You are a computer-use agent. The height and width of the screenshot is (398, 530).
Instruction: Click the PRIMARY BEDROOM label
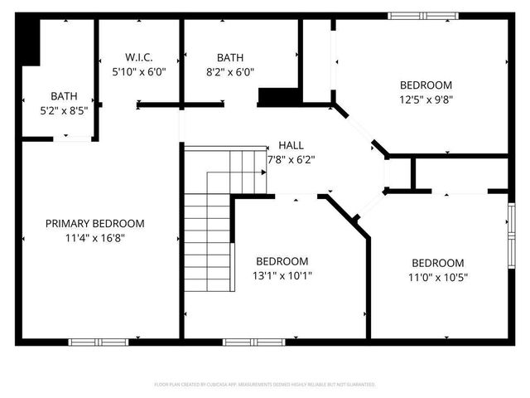[x=94, y=223]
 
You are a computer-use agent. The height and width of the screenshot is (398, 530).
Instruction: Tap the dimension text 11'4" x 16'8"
[x=94, y=237]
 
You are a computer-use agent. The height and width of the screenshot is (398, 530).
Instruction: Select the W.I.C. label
[x=139, y=57]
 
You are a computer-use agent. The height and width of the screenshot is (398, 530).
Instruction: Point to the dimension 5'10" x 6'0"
[x=139, y=71]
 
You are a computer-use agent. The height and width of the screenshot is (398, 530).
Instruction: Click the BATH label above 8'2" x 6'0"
[x=230, y=57]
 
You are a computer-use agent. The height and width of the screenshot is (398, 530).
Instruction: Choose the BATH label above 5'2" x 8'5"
[x=64, y=96]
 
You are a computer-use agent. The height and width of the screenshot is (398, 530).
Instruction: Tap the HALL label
[x=291, y=144]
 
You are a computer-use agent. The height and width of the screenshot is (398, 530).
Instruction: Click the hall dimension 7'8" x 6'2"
[x=291, y=158]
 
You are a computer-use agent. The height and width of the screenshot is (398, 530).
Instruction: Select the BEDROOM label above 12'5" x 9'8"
[x=426, y=85]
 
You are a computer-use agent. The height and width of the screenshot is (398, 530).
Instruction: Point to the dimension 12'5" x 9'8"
[x=426, y=99]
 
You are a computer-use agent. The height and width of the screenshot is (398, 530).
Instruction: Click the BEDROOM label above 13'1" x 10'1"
[x=282, y=260]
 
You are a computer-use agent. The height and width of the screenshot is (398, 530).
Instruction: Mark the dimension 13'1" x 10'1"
[x=282, y=275]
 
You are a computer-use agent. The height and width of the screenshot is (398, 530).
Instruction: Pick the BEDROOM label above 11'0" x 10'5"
[x=437, y=263]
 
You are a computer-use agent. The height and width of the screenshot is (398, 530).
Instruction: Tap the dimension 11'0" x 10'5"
[x=437, y=278]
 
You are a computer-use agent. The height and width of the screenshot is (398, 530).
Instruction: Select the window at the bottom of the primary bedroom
[x=98, y=342]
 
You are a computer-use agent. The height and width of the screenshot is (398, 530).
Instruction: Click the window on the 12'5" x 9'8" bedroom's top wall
[x=421, y=14]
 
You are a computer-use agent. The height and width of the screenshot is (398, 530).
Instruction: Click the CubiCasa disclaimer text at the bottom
[x=265, y=385]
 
